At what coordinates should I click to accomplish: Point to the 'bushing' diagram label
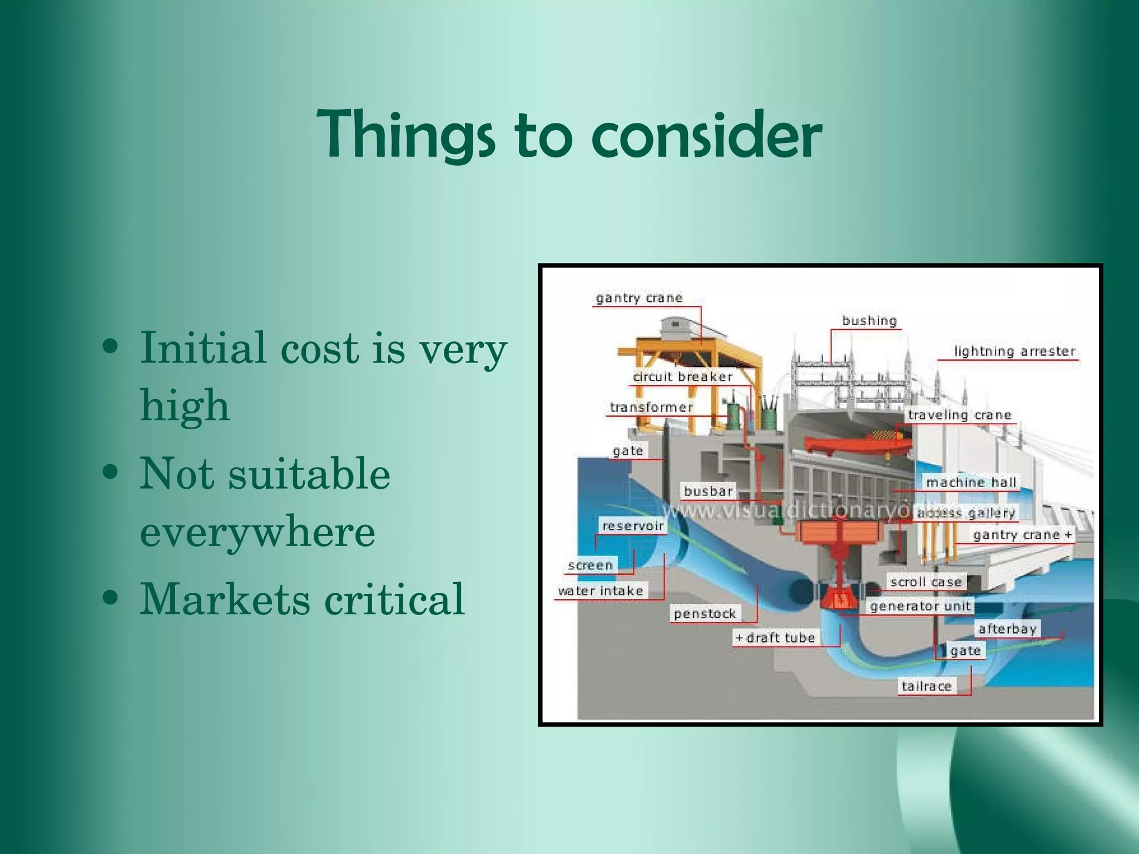[x=869, y=321]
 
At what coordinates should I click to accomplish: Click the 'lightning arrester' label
[x=1014, y=351]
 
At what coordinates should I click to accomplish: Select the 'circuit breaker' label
[x=683, y=377]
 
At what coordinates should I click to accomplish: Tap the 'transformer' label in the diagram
[x=651, y=408]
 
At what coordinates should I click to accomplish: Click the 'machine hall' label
[x=971, y=483]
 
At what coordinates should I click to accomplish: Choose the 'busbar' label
[x=708, y=491]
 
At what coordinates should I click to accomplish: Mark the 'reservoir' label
[x=633, y=526]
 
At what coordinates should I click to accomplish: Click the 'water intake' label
[x=601, y=590]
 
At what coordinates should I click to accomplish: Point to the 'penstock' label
[x=705, y=614]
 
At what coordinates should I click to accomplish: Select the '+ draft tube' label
[x=776, y=638]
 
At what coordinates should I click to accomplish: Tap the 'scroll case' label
[x=925, y=582]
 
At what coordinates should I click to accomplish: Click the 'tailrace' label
[x=927, y=687]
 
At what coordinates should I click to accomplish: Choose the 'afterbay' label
[x=1007, y=629]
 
